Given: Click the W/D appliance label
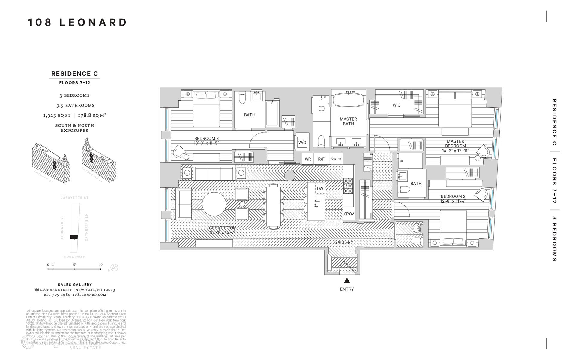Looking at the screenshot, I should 302,142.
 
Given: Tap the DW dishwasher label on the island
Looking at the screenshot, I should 320,189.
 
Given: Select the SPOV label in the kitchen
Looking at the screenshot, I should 349,214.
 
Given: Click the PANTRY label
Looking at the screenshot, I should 336,159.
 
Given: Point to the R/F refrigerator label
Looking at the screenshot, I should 321,159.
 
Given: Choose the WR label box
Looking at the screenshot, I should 308,159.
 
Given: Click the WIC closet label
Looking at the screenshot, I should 396,105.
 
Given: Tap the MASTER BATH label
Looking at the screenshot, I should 348,121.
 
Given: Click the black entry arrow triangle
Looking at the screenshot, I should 347,281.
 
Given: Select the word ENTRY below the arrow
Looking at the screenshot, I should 347,289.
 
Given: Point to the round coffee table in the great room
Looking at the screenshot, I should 214,204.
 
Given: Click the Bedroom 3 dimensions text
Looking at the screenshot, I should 206,143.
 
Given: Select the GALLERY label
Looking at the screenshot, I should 344,242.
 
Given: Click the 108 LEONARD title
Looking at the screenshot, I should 78,22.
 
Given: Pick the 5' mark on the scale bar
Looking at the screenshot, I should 74,265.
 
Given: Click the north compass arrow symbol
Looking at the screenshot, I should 114,268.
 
